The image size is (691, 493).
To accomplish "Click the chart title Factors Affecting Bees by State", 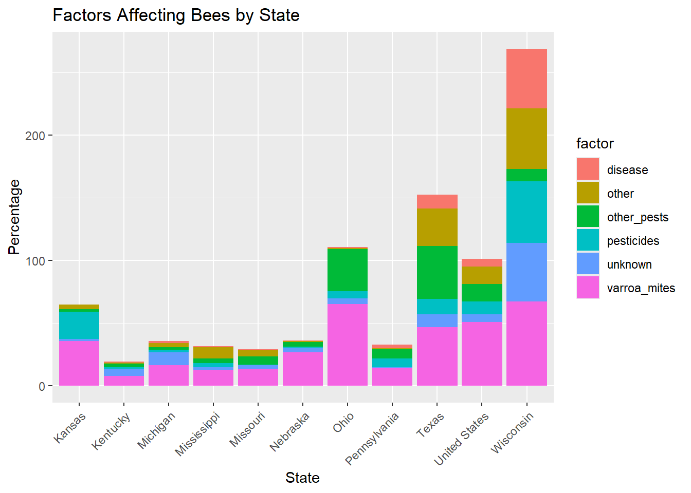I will tap(176, 15).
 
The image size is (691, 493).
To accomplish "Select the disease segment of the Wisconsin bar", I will tap(526, 79).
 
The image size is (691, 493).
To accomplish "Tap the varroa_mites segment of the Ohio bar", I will tap(348, 344).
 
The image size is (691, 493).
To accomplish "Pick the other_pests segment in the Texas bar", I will tap(437, 272).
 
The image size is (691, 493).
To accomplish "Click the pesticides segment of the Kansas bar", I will tap(79, 325).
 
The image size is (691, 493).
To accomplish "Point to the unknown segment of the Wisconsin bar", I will tap(526, 272).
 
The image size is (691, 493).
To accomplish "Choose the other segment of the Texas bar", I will tap(437, 227).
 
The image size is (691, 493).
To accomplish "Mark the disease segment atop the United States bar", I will tap(482, 262).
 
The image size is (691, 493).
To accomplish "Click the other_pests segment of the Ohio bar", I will tap(348, 270).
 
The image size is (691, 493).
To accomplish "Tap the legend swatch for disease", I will tap(588, 169).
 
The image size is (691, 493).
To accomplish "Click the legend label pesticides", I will tap(633, 241).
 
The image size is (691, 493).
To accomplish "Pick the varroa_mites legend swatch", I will tap(588, 288).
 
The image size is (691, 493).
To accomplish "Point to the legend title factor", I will tap(595, 144).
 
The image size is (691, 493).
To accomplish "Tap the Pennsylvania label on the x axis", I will tap(372, 439).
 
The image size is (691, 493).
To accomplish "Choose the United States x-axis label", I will tap(462, 439).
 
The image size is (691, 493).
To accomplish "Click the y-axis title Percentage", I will tap(14, 217).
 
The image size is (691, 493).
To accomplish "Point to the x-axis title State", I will tap(302, 478).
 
